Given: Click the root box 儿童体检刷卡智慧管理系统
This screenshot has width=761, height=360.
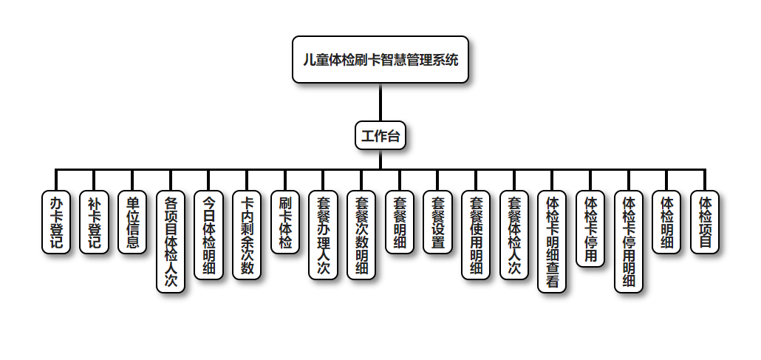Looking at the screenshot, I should [380, 60].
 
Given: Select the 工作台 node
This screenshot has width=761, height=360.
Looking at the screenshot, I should [380, 136].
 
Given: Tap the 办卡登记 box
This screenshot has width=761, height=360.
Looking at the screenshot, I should [56, 223].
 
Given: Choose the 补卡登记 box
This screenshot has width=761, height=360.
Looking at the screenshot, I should [94, 223].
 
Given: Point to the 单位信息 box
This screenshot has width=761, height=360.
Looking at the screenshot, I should [132, 223].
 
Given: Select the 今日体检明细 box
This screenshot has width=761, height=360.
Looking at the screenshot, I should [209, 235].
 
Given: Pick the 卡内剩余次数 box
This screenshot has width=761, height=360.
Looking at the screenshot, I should [248, 235].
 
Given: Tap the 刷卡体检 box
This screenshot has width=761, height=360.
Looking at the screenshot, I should [285, 223].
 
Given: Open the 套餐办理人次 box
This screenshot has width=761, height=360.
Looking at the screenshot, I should [323, 235].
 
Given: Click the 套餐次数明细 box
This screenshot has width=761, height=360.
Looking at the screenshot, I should [361, 235].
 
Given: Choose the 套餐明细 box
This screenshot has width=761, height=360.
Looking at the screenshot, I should [400, 223].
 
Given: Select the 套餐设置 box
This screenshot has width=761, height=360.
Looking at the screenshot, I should [438, 223].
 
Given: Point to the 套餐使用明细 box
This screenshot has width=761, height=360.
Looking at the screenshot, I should [476, 235].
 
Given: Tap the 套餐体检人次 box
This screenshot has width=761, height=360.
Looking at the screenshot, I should [514, 235].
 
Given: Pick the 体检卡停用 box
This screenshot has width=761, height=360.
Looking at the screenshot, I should [590, 228].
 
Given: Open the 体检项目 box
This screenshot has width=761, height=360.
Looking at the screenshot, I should [705, 223].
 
